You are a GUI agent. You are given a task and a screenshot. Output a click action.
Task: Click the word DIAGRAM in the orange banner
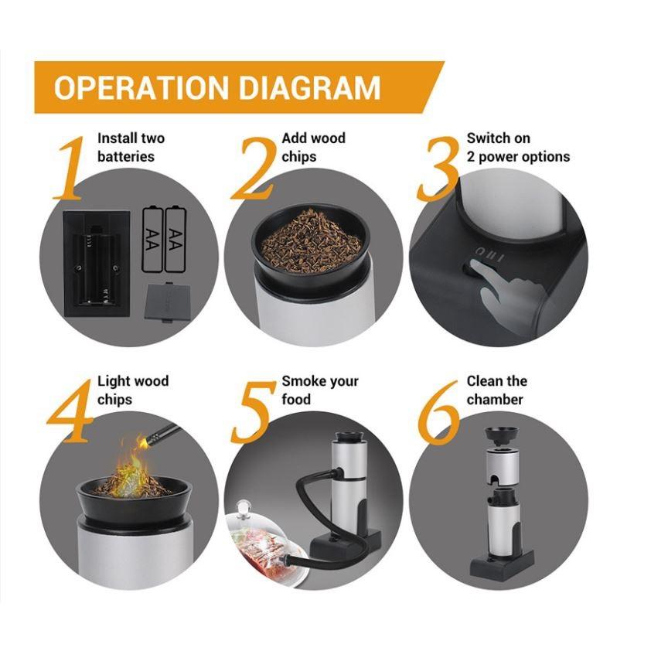(310, 87)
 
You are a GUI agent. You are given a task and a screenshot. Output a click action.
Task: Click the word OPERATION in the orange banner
(141, 87)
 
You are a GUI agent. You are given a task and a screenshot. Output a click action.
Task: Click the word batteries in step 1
(126, 156)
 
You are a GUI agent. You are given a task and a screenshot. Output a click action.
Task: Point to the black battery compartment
(97, 264)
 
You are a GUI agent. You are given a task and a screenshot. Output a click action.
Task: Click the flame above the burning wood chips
(130, 465)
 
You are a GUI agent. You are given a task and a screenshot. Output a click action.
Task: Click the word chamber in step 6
(495, 400)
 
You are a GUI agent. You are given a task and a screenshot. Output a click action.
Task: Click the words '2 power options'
(518, 157)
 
